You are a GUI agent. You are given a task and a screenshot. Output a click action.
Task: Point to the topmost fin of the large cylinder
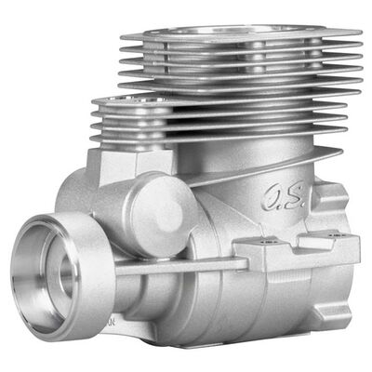tap(240, 39)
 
